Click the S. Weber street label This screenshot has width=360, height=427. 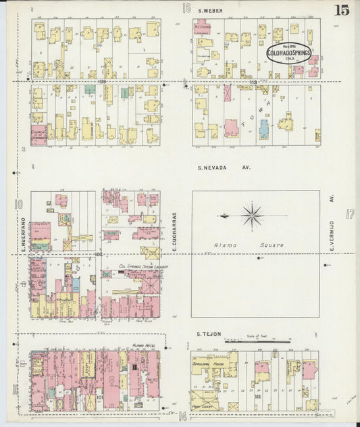211,11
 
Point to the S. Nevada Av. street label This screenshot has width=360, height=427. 223,167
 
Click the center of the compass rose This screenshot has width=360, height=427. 252,216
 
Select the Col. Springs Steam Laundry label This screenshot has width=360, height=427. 143,267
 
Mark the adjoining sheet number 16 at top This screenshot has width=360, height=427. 186,8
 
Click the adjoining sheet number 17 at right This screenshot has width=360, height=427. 350,214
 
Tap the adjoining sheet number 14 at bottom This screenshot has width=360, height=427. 182,417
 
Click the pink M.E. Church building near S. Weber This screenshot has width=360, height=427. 201,28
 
